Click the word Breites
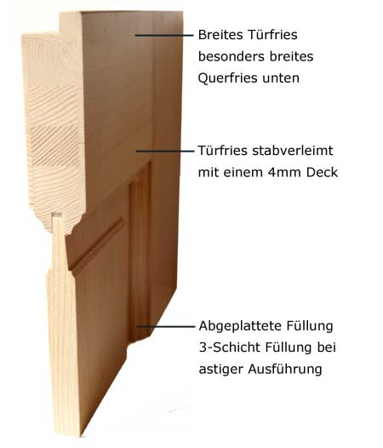tap(220, 35)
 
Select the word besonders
tap(231, 56)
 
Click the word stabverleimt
tap(293, 151)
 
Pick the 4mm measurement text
tap(284, 172)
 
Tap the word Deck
tap(322, 172)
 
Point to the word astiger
tap(220, 369)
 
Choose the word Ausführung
tap(285, 369)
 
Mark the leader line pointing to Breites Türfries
tap(164, 36)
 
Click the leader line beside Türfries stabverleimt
tap(165, 151)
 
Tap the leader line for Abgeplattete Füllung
tap(165, 326)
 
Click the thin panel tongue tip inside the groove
tap(57, 215)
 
